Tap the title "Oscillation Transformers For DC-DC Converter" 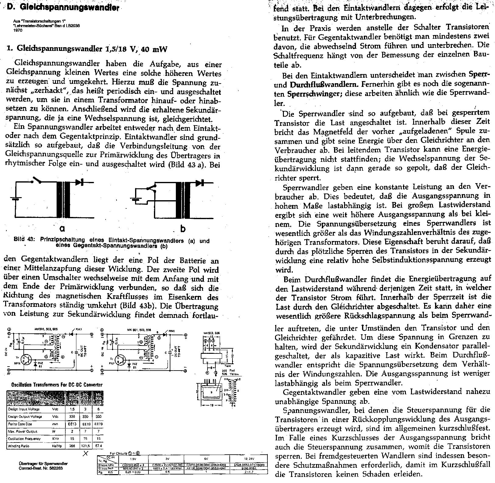click(57, 385)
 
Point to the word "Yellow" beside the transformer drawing click(234, 374)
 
